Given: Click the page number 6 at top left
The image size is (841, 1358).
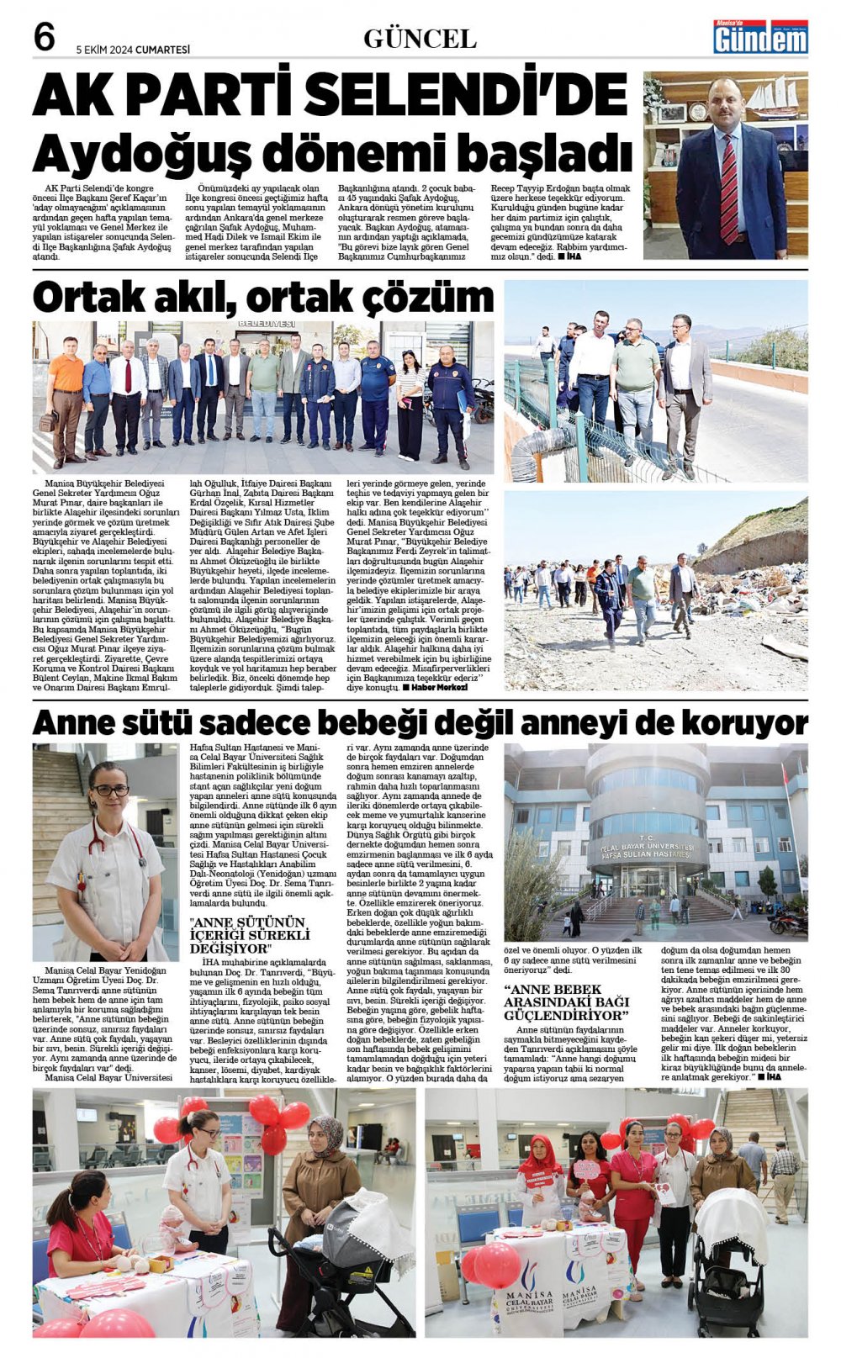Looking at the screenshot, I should pyautogui.click(x=45, y=38).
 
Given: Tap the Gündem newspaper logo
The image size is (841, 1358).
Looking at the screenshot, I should pyautogui.click(x=759, y=38).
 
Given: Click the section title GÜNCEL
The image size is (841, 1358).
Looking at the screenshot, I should pyautogui.click(x=420, y=39).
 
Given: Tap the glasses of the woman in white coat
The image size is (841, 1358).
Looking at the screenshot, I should pyautogui.click(x=111, y=790).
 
